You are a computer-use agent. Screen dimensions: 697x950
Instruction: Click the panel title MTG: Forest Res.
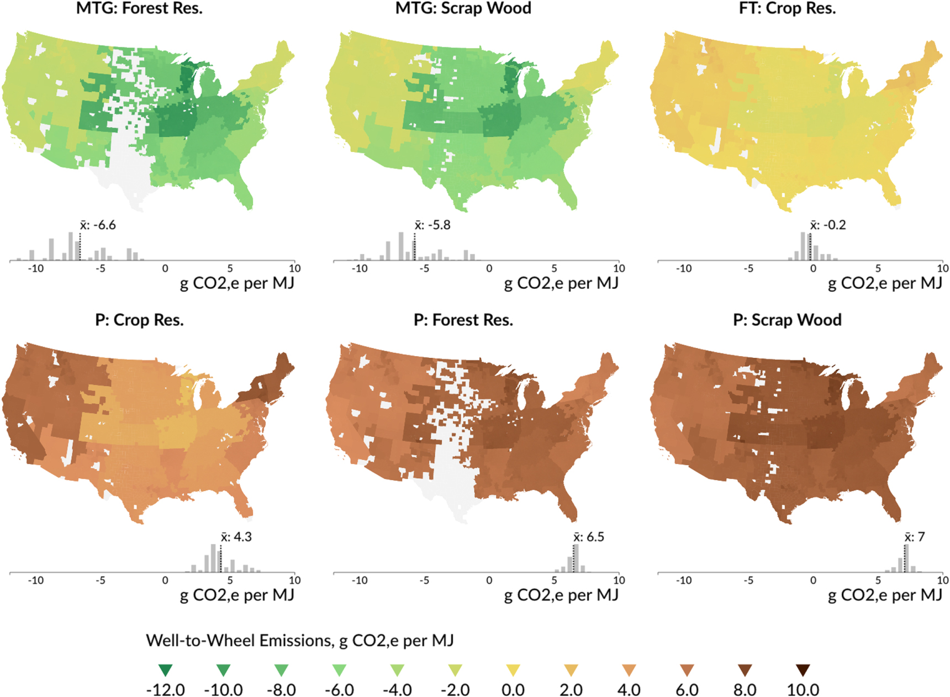coord(139,8)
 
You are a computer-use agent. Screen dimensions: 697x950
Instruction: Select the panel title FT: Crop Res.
coord(787,8)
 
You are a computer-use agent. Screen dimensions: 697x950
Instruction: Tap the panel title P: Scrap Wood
coord(787,320)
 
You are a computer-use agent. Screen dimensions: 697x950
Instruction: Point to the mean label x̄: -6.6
coord(98,225)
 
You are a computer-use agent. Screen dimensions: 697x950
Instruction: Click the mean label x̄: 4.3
coord(236,537)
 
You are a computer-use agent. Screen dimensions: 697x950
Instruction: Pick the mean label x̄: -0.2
coord(828,225)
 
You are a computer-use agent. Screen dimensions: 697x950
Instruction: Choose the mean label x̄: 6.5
coord(589,537)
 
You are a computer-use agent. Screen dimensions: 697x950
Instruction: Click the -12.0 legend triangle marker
coord(165,670)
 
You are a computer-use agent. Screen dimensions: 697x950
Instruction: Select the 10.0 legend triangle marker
coord(803,670)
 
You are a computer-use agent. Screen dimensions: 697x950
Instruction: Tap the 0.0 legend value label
coord(513,690)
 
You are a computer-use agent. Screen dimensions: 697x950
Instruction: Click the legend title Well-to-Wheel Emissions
coord(299,641)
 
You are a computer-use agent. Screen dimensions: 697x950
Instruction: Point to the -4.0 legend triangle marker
coord(397,670)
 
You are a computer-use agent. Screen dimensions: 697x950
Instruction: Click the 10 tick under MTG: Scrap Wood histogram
coord(619,268)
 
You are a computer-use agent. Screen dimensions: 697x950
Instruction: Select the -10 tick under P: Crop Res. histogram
coord(36,580)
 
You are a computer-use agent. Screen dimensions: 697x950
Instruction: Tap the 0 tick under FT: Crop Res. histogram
coord(813,268)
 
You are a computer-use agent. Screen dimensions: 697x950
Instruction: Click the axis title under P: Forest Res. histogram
coord(561,595)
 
